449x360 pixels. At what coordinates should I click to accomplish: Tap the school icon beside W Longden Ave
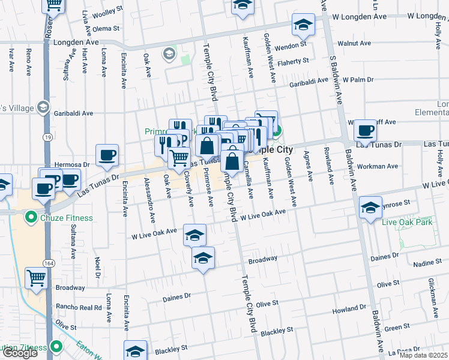[304, 26]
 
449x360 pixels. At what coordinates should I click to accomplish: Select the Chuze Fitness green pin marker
[29, 218]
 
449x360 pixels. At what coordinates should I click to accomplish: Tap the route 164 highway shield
[47, 263]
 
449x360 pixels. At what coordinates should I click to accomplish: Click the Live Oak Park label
[407, 223]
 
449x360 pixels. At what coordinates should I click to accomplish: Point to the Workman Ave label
[378, 166]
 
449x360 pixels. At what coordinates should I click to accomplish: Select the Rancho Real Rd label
[79, 307]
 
